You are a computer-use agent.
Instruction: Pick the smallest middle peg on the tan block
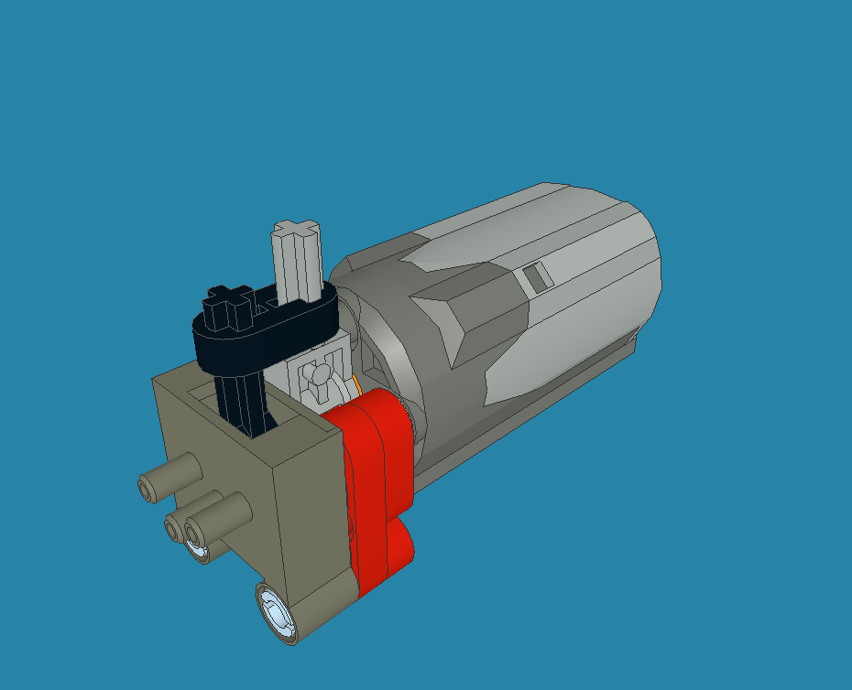176,526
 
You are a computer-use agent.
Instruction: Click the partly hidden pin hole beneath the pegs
198,551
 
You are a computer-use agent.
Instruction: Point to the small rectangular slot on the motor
537,275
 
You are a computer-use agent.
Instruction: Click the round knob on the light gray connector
318,372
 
